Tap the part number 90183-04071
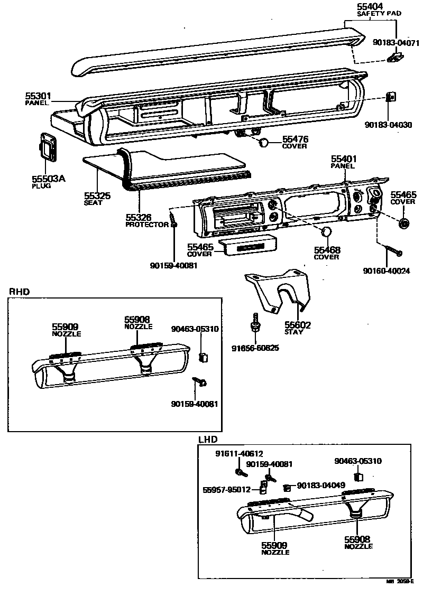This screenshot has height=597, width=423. point(396,42)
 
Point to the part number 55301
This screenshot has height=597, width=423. point(38,96)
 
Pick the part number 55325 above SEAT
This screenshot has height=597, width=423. point(97,195)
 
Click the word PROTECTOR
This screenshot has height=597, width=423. point(146,225)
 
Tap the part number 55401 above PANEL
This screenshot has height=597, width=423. point(344,158)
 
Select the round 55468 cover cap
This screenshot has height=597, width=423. point(327,232)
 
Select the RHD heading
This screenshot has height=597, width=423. point(19,291)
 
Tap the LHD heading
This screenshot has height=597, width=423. point(208,440)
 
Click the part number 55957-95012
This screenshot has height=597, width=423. point(226,490)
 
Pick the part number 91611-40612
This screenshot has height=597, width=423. point(239,454)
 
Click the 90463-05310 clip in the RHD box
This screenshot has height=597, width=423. point(202,358)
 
